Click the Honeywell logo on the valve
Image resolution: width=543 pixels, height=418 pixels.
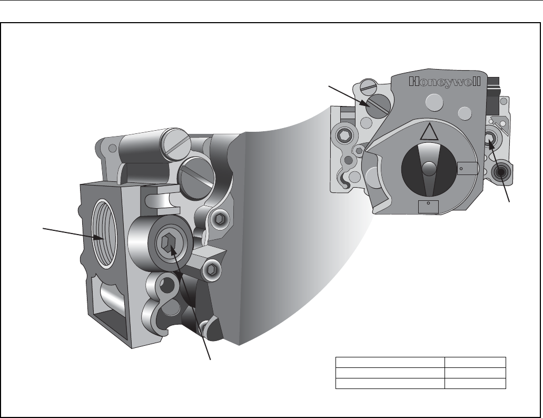pyautogui.click(x=445, y=82)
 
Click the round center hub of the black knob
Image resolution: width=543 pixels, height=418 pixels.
pyautogui.click(x=429, y=169)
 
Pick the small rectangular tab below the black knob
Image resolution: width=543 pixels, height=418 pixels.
pyautogui.click(x=428, y=207)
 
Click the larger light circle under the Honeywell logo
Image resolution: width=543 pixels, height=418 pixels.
pyautogui.click(x=435, y=102)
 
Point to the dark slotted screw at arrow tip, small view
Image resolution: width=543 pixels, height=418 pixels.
pyautogui.click(x=379, y=106)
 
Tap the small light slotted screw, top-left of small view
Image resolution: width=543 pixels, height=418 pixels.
pyautogui.click(x=369, y=86)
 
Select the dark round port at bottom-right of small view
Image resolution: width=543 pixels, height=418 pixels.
pyautogui.click(x=500, y=172)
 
